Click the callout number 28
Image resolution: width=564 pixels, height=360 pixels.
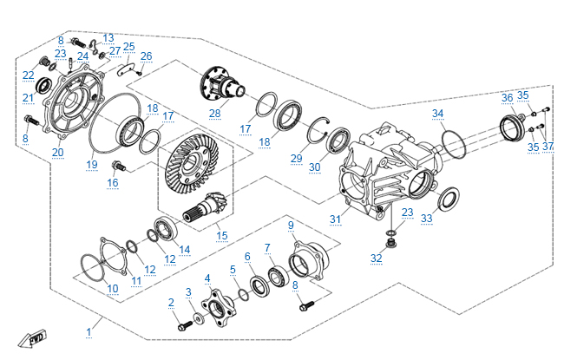214,113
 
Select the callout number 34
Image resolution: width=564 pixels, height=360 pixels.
438,114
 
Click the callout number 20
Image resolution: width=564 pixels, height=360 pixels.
58,153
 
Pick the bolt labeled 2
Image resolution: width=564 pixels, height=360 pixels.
185,326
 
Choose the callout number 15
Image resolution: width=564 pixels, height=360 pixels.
221,236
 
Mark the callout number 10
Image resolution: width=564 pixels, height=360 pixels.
113,288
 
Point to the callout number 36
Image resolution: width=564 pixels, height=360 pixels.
508,97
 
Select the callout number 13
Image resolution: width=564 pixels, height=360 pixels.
108,38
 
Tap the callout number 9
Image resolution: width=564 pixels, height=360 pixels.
292,225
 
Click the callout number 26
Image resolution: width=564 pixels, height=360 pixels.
146,56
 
